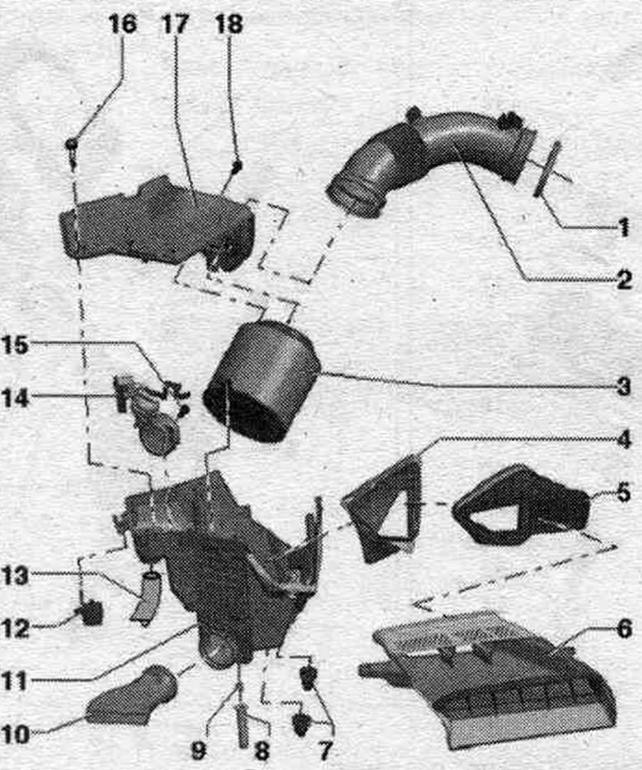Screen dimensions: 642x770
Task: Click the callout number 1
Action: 623,228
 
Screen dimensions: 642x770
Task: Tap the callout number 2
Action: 623,281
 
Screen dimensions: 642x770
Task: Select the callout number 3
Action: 623,387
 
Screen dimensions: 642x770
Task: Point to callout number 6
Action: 624,629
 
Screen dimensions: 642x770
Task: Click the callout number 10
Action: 15,735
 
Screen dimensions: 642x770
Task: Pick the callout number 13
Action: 15,576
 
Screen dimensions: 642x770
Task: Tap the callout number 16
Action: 122,25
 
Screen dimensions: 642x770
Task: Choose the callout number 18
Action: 229,25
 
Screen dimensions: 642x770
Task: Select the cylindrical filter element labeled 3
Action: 262,381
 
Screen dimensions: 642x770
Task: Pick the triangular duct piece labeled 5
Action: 522,506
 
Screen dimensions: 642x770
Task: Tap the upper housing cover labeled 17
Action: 157,224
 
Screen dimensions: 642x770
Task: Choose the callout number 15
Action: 15,345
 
